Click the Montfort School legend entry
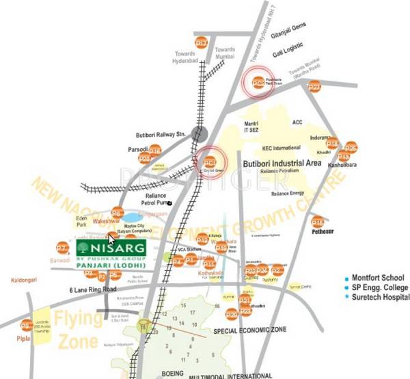click(x=378, y=278)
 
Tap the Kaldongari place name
click(x=25, y=281)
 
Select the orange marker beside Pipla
click(x=26, y=326)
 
